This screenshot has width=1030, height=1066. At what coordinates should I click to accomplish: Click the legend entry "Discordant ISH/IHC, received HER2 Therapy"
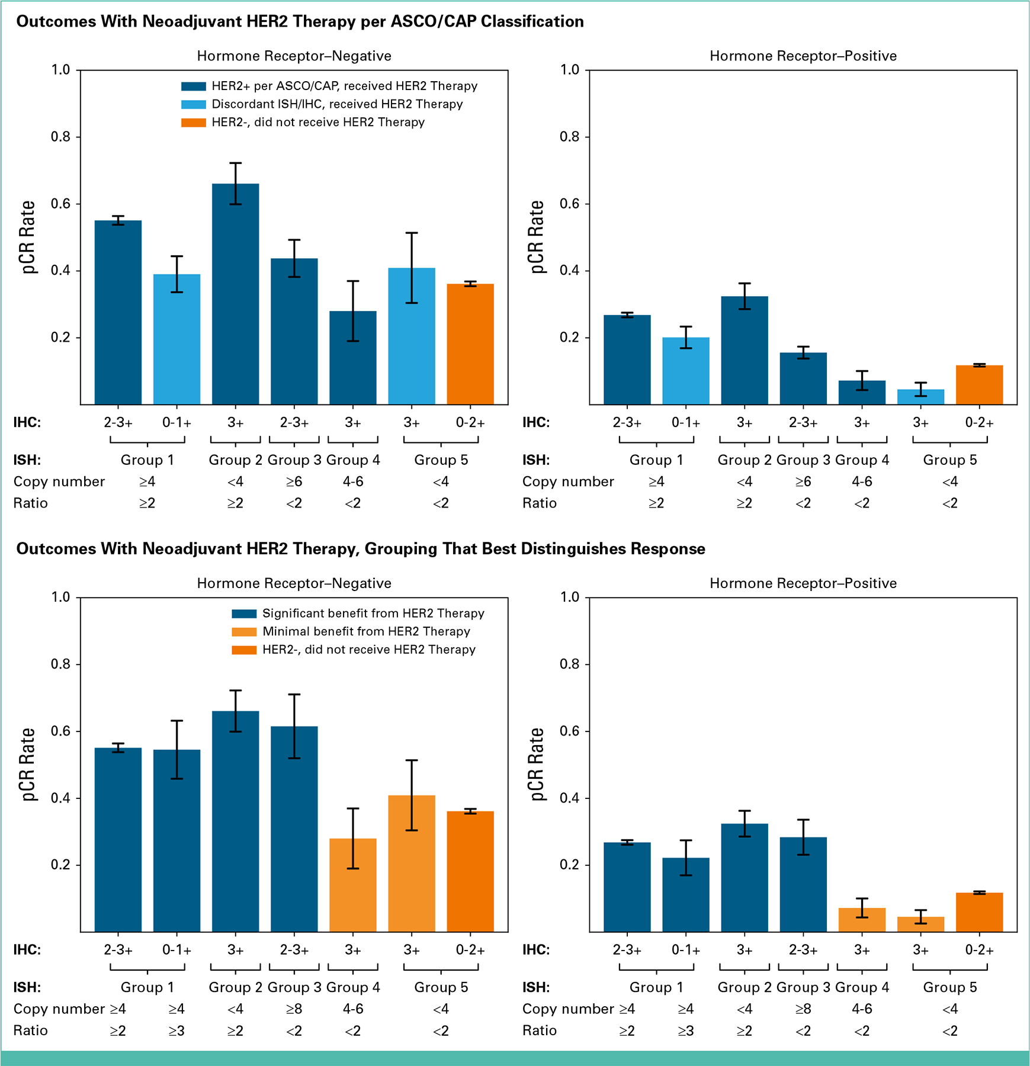337,104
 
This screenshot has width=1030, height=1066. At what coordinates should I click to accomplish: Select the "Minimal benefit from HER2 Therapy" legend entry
366,631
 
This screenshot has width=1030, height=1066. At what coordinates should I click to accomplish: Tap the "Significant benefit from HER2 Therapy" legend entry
373,614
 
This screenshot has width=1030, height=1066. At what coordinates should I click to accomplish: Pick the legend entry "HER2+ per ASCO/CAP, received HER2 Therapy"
344,86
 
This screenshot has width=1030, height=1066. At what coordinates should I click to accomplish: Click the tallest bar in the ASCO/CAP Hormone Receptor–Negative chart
236,296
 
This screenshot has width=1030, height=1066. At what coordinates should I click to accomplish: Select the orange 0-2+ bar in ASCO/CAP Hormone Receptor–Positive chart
979,386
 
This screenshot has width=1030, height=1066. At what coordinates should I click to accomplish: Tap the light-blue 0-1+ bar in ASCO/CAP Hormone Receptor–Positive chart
686,372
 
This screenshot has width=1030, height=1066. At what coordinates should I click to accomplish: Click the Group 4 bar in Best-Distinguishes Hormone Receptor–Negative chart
353,885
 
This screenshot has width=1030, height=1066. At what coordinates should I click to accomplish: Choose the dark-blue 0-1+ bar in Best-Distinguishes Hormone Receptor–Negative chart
177,841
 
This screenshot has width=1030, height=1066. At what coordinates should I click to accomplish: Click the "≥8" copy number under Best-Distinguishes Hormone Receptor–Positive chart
803,1009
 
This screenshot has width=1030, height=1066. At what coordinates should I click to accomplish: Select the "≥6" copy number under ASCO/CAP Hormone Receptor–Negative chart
294,481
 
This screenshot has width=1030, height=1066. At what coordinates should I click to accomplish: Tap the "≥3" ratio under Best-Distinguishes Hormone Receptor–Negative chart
177,1030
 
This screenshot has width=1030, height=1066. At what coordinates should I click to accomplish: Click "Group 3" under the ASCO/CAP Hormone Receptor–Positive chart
803,460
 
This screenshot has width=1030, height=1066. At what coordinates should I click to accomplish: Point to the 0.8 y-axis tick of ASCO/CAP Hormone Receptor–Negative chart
60,137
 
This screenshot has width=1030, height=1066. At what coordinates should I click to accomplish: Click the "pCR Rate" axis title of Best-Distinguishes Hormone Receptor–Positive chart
537,765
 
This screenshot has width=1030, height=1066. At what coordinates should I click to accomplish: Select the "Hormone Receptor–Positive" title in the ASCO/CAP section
803,56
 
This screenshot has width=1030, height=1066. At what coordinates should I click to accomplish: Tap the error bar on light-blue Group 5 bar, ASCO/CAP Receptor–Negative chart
412,268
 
